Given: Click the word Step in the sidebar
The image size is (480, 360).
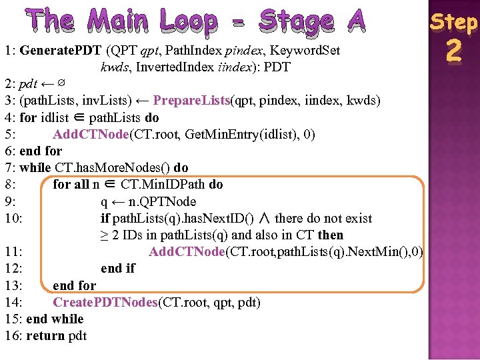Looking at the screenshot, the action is tap(453, 22).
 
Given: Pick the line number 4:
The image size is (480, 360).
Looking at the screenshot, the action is tap(10, 118).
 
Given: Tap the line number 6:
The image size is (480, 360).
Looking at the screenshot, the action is tap(10, 151).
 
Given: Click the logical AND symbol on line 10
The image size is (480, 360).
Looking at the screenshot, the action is tap(265, 218).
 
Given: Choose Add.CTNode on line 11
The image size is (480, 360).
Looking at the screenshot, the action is tap(187, 252).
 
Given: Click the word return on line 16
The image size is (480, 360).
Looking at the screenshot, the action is tap(45, 335).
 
